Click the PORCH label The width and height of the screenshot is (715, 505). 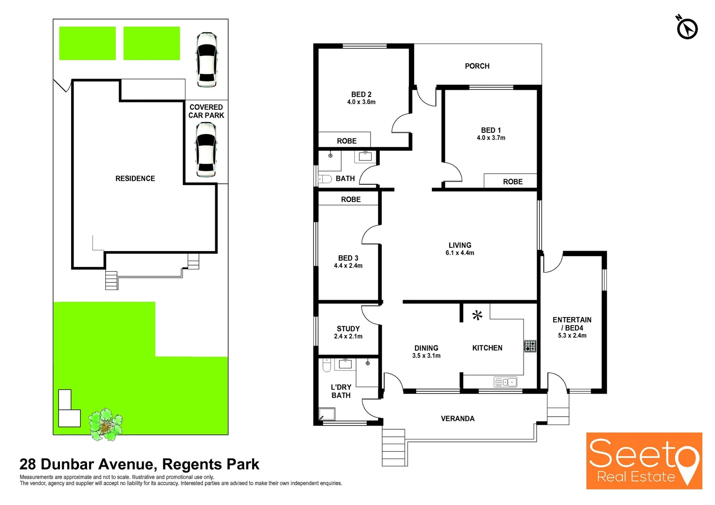pyautogui.click(x=477, y=66)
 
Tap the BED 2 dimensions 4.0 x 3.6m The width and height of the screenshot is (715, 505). pyautogui.click(x=361, y=102)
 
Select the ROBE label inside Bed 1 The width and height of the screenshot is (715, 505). pyautogui.click(x=512, y=182)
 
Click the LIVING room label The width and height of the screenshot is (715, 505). pyautogui.click(x=460, y=245)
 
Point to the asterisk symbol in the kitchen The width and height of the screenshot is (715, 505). pyautogui.click(x=477, y=316)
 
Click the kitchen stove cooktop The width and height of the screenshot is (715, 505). pyautogui.click(x=530, y=346)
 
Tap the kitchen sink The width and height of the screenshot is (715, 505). pyautogui.click(x=505, y=382)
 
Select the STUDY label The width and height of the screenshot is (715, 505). pyautogui.click(x=348, y=329)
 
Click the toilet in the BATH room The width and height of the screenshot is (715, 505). pyautogui.click(x=325, y=179)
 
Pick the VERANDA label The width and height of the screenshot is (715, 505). pyautogui.click(x=458, y=418)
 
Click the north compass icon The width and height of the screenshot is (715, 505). pyautogui.click(x=686, y=28)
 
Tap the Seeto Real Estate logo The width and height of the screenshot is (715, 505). pyautogui.click(x=644, y=461)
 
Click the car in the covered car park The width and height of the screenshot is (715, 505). pyautogui.click(x=206, y=149)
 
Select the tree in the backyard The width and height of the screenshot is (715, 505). pyautogui.click(x=106, y=425)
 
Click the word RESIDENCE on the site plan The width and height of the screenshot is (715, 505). pyautogui.click(x=135, y=179)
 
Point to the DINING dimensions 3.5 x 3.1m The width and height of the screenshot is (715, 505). pyautogui.click(x=426, y=356)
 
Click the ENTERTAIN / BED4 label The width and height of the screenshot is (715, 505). pyautogui.click(x=572, y=324)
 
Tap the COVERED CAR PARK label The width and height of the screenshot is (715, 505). pyautogui.click(x=206, y=111)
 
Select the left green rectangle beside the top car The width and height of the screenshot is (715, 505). pyautogui.click(x=88, y=43)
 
